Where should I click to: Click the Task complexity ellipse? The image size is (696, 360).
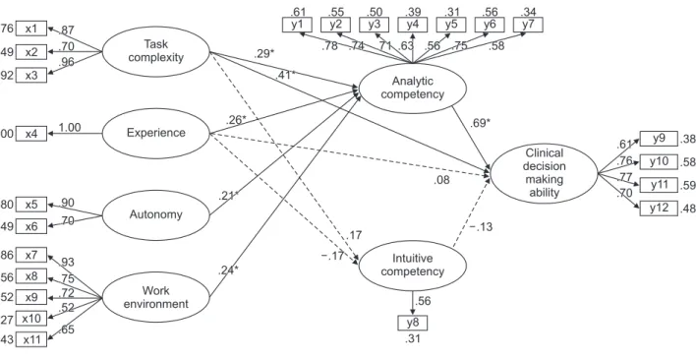(x=155, y=51)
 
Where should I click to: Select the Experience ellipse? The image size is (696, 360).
(x=155, y=133)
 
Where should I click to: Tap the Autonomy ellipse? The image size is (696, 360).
(x=155, y=214)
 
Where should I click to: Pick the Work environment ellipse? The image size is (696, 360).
(x=155, y=297)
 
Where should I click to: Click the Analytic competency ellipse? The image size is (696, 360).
(x=413, y=88)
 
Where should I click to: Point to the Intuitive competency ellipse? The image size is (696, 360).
(x=413, y=265)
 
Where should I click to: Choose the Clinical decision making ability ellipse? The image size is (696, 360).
(x=545, y=173)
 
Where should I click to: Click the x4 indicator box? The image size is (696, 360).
(x=31, y=133)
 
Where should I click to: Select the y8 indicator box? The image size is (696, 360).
(x=413, y=323)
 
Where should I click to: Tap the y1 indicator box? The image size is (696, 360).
(x=298, y=25)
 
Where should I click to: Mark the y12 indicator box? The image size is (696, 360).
(x=659, y=209)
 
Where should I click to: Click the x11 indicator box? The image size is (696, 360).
(x=31, y=339)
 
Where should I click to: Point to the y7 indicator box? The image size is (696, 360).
(x=528, y=25)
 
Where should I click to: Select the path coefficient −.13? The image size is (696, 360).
(x=481, y=227)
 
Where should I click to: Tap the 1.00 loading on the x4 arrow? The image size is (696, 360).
(x=70, y=128)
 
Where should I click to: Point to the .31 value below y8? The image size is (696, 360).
(x=412, y=339)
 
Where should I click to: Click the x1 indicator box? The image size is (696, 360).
(x=31, y=29)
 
